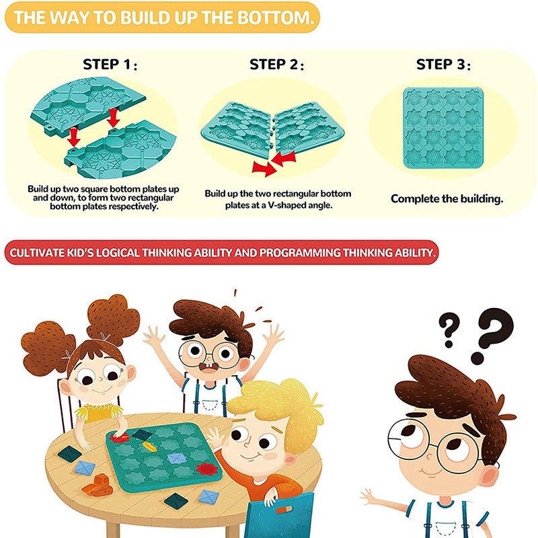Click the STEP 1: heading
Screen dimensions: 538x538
tap(110, 65)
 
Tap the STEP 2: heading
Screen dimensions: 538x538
tap(276, 65)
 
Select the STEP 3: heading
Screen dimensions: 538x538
tap(443, 65)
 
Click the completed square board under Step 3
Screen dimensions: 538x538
tap(443, 128)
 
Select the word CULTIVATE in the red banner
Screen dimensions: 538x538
tap(40, 253)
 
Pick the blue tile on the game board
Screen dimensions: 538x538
tap(176, 458)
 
